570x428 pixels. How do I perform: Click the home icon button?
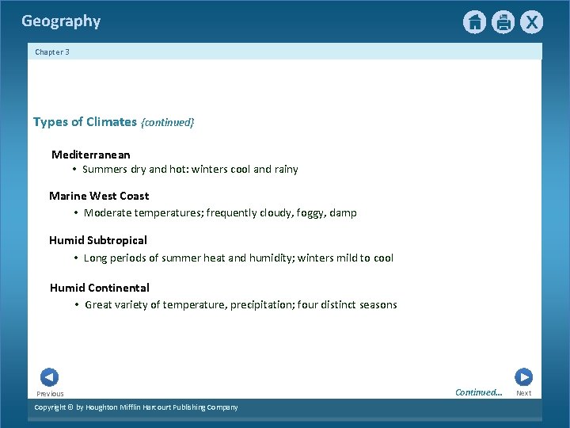474,22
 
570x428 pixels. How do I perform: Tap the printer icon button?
503,22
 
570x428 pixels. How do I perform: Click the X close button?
531,22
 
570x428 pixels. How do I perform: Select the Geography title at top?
61,21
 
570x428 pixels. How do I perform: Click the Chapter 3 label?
52,52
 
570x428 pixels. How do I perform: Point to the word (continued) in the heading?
167,123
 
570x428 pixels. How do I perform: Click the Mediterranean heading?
91,155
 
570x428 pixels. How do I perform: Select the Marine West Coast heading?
99,196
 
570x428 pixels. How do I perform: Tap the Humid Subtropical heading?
98,240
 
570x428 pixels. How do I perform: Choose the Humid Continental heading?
100,288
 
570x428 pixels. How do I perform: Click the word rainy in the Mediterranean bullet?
286,170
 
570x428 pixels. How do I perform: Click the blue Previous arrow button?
49,377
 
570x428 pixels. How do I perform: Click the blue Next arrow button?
523,377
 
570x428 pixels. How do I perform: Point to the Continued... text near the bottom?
479,392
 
